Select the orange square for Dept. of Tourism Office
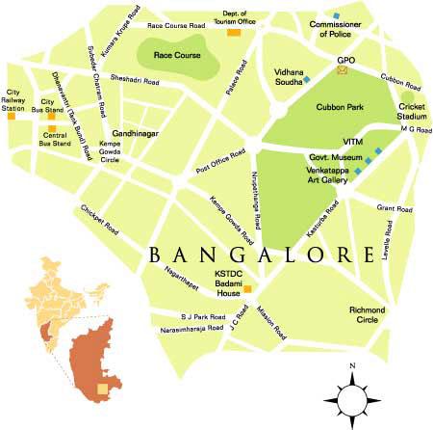(233, 33)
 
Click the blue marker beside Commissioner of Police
(337, 16)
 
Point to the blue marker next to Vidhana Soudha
(308, 76)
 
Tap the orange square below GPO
(345, 81)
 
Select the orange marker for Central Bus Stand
(51, 116)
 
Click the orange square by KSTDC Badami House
(247, 288)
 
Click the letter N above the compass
(353, 366)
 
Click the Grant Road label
(394, 207)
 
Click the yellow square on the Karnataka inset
(103, 390)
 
